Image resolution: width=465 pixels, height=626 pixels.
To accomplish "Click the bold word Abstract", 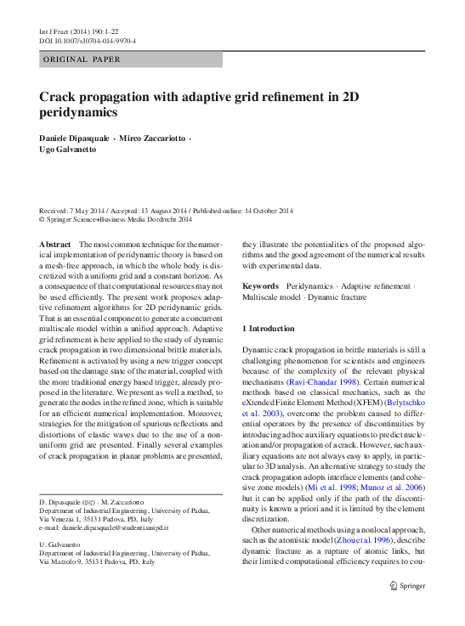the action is pyautogui.click(x=55, y=244).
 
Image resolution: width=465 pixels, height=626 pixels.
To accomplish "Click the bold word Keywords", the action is pyautogui.click(x=260, y=287).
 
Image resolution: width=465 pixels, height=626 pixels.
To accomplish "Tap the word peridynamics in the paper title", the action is pyautogui.click(x=79, y=113).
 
